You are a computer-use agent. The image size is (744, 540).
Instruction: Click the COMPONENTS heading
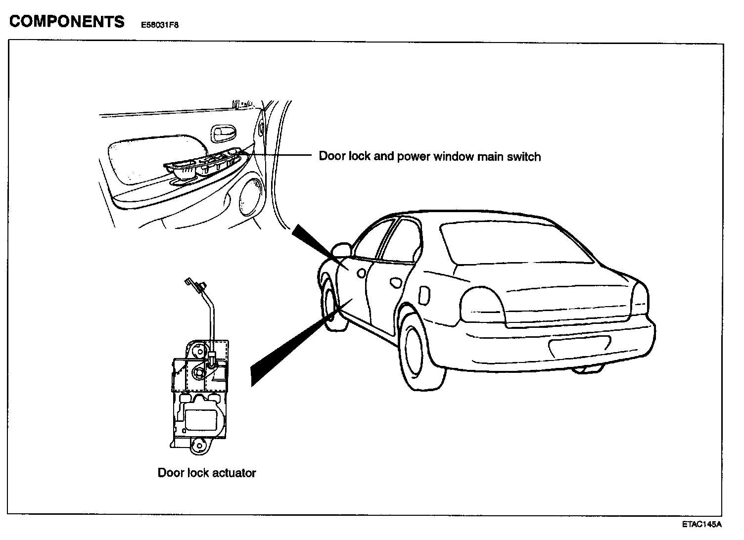[x=67, y=22]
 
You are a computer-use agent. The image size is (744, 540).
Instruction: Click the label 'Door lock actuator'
[x=207, y=473]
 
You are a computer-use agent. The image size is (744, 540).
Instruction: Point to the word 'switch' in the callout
[x=523, y=157]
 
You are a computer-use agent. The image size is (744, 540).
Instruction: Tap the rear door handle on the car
[x=396, y=282]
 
